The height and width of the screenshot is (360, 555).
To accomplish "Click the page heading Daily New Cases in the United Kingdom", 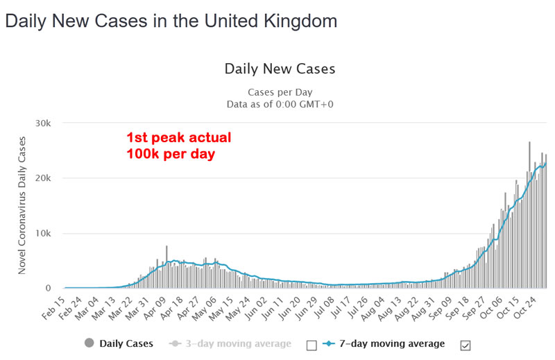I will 171,21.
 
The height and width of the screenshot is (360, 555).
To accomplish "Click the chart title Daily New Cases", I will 280,69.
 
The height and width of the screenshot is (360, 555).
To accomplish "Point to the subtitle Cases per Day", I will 280,92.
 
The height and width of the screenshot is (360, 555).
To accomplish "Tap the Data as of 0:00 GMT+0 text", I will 280,104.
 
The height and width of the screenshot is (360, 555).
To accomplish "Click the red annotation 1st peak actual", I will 178,137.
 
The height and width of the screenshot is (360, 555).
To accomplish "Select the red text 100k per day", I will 171,153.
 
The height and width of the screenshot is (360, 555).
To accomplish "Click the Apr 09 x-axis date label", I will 157,306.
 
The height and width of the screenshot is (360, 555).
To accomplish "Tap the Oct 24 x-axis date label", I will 536,306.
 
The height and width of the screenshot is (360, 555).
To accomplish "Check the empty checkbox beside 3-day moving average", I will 311,343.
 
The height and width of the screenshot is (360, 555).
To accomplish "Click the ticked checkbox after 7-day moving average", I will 466,343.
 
